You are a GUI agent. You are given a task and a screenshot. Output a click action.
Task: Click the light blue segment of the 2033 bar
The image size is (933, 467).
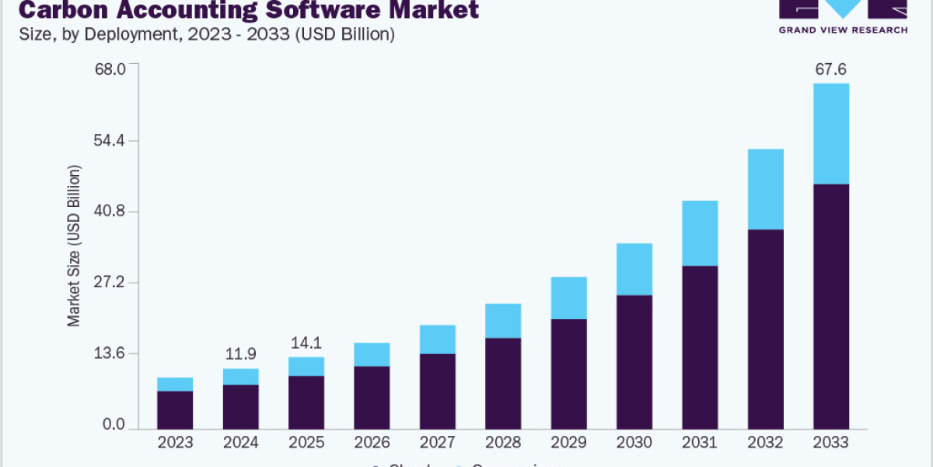click(830, 133)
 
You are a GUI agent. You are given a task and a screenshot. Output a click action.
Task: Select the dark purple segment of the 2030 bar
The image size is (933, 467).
click(634, 362)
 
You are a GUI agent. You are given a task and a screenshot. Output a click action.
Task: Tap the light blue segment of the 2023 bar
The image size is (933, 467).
click(175, 384)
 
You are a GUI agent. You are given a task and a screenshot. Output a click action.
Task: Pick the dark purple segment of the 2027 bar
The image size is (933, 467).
click(437, 391)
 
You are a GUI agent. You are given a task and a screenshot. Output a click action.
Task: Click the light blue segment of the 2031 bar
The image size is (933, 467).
click(700, 233)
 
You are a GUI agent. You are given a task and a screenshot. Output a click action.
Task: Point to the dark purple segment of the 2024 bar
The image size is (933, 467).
click(240, 406)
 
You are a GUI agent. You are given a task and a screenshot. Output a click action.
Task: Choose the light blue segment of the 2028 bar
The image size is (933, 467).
click(502, 320)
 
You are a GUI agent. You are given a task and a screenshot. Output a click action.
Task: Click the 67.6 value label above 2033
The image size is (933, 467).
click(830, 69)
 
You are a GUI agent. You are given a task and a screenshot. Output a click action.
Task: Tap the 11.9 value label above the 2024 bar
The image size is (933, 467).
click(240, 354)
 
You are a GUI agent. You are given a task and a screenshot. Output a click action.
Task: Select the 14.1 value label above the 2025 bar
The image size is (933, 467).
click(306, 342)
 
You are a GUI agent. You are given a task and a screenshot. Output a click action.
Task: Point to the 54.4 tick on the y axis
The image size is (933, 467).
click(110, 140)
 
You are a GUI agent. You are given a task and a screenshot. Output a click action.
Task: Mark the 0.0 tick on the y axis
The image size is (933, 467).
click(114, 425)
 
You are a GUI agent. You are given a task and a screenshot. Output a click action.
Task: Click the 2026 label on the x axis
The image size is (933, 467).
click(372, 442)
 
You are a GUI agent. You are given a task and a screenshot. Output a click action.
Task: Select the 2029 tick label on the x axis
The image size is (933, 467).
click(568, 442)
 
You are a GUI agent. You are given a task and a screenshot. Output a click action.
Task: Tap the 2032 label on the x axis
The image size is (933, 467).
click(765, 442)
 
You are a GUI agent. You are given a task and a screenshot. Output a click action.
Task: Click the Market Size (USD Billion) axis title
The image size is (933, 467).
click(74, 246)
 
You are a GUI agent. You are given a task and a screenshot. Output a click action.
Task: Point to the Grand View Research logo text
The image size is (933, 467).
click(843, 30)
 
